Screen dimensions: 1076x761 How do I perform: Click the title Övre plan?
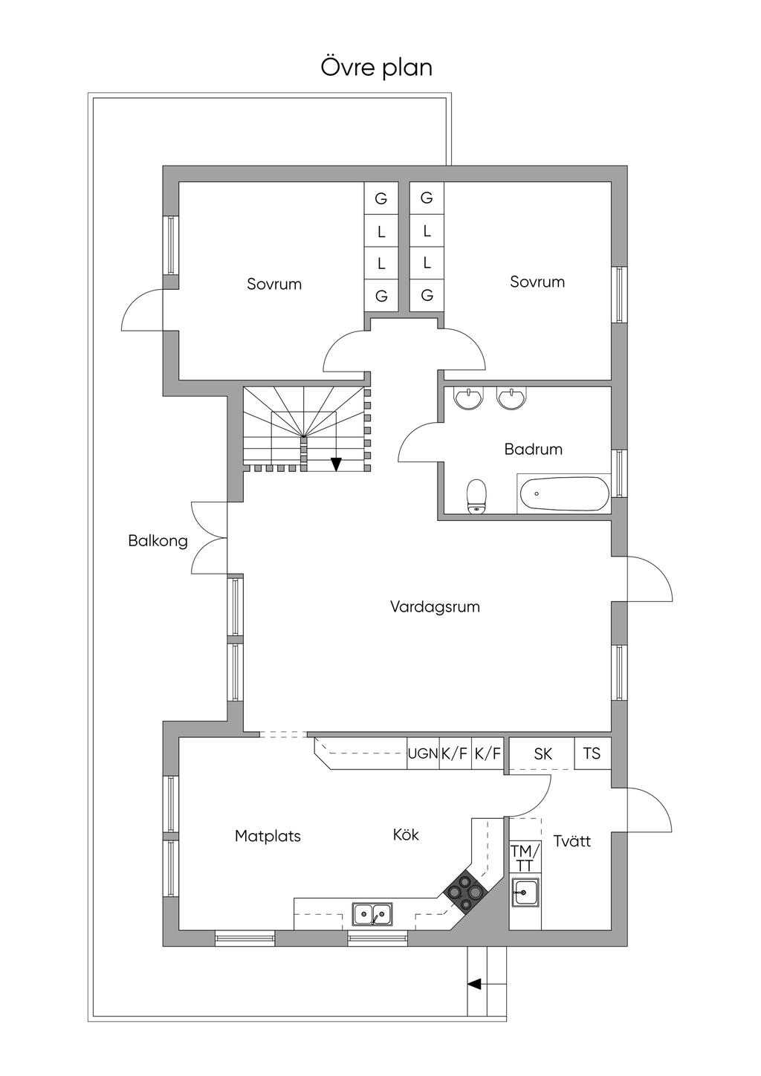[x=377, y=68]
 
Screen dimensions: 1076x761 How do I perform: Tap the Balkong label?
[x=158, y=541]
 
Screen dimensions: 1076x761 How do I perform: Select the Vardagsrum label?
[x=435, y=606]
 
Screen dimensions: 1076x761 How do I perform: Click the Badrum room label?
[x=533, y=449]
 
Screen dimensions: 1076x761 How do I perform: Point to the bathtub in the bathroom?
[x=563, y=493]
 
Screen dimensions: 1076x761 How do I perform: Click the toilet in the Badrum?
[x=476, y=496]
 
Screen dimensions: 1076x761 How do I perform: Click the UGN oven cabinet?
[x=422, y=753]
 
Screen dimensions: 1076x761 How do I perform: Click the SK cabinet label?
[x=543, y=753]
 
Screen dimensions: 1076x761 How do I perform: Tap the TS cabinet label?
[x=592, y=753]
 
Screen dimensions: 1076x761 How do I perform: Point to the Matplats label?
[x=268, y=836]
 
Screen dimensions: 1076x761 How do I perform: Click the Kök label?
[x=406, y=834]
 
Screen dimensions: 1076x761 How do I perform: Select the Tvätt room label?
[x=572, y=841]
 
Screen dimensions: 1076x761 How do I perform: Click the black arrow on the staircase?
[x=336, y=464]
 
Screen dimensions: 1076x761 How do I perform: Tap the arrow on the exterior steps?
[x=473, y=984]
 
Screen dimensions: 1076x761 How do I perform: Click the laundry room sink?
[x=525, y=891]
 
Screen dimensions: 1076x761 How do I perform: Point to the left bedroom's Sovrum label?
[x=274, y=284]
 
